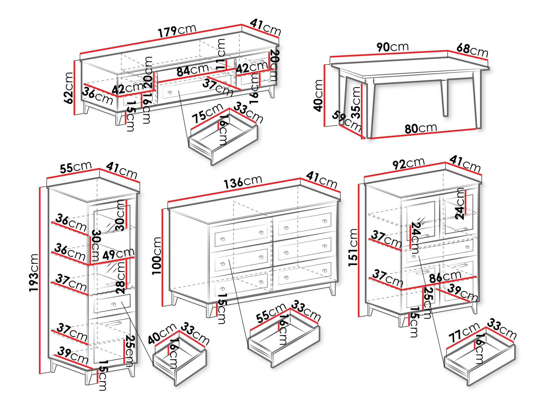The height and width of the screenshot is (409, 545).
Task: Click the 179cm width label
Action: [x=177, y=31]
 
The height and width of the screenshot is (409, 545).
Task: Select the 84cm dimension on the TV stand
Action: [x=193, y=70]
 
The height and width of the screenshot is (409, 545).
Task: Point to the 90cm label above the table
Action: [x=392, y=47]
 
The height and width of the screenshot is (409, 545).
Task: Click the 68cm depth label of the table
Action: [x=472, y=50]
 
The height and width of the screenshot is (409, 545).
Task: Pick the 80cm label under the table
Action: [x=420, y=128]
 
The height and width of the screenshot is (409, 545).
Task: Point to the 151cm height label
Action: [x=353, y=248]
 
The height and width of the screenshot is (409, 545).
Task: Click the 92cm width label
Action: [x=408, y=164]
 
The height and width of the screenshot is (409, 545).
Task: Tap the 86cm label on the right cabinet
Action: [x=445, y=277]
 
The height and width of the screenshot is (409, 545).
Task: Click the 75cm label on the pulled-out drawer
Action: [x=207, y=113]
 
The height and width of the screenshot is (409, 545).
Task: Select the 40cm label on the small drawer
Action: [x=162, y=334]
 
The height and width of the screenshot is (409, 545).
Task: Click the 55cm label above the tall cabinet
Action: [x=76, y=168]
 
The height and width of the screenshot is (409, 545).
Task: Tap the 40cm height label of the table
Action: [x=318, y=95]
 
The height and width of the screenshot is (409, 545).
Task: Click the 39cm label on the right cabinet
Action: [x=462, y=293]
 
